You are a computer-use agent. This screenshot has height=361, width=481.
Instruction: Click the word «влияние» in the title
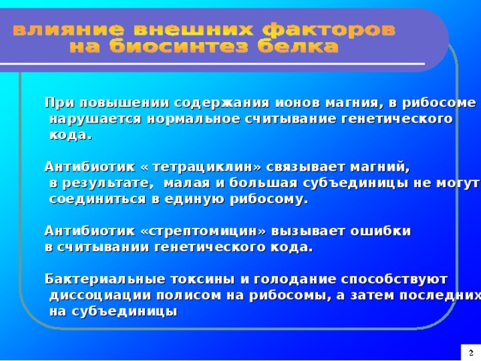[x=68, y=30]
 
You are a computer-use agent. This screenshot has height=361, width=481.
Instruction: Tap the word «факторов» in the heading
[x=329, y=30]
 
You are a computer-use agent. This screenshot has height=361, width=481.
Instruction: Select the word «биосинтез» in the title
[x=179, y=47]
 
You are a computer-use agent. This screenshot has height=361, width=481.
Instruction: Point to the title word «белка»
[x=298, y=47]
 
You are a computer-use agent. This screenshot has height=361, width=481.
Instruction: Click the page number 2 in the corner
[x=471, y=353]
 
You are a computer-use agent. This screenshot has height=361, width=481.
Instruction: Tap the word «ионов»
[x=298, y=103]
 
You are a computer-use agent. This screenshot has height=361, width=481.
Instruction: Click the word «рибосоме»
[x=439, y=103]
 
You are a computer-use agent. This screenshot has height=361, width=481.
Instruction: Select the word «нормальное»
[x=193, y=119]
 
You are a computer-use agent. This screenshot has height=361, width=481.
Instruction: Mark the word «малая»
[x=187, y=183]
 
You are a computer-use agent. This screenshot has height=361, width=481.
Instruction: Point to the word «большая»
[x=264, y=183]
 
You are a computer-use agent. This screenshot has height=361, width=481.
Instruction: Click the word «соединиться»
[x=97, y=199]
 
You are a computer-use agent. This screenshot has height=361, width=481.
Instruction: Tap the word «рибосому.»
[x=269, y=199]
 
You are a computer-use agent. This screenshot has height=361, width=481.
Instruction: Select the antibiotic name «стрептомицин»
[x=203, y=231]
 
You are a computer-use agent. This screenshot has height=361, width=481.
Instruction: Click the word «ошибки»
[x=380, y=231]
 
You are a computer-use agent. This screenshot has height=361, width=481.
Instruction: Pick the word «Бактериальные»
[x=105, y=279]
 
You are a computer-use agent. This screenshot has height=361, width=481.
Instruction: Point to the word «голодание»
[x=295, y=279]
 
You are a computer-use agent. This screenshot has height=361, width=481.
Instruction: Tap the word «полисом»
[x=189, y=296]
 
